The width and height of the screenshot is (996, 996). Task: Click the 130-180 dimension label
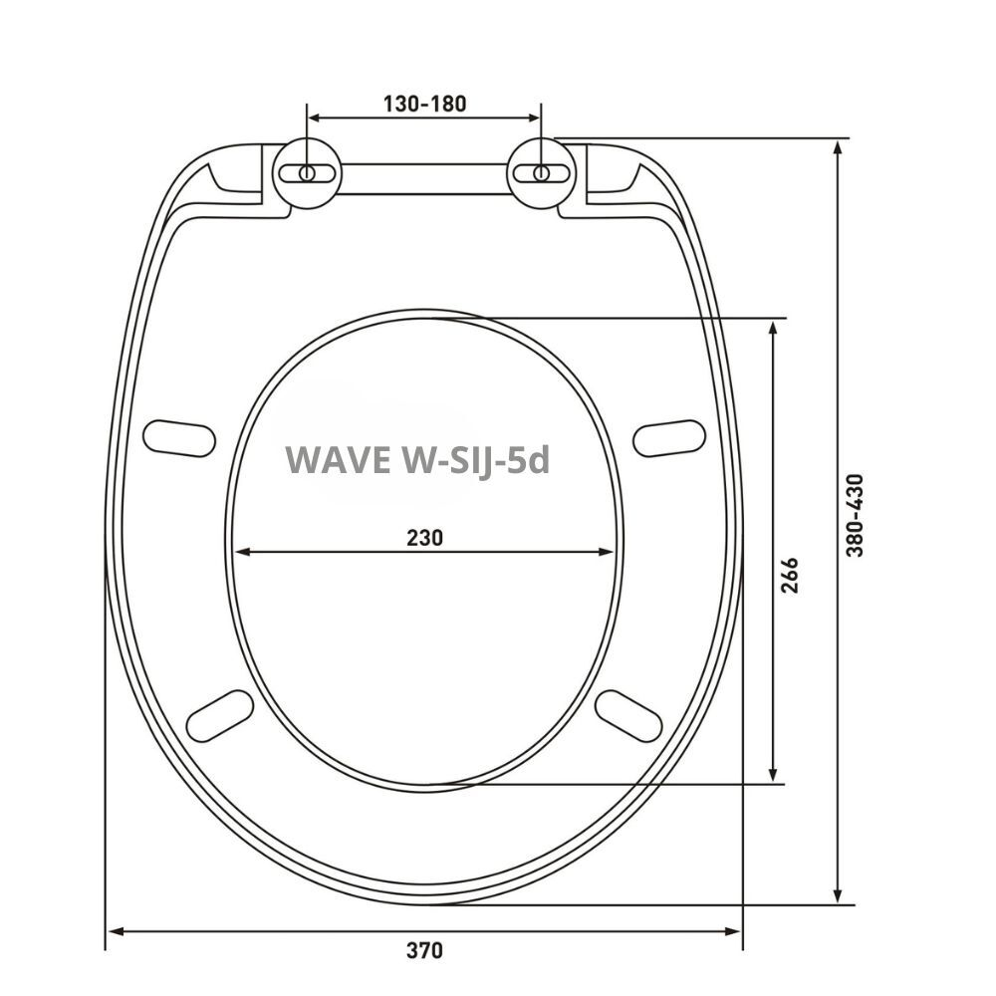(x=424, y=103)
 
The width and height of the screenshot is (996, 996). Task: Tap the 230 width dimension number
(x=424, y=538)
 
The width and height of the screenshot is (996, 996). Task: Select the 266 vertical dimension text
(x=789, y=576)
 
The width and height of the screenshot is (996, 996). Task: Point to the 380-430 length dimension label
(x=855, y=515)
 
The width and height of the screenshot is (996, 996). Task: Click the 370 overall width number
(x=424, y=950)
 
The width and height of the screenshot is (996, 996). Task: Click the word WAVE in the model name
(x=339, y=459)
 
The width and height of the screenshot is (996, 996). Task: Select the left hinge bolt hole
(x=307, y=172)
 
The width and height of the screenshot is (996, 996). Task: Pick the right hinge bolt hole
(x=541, y=172)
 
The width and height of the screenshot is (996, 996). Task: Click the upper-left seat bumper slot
(x=179, y=437)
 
